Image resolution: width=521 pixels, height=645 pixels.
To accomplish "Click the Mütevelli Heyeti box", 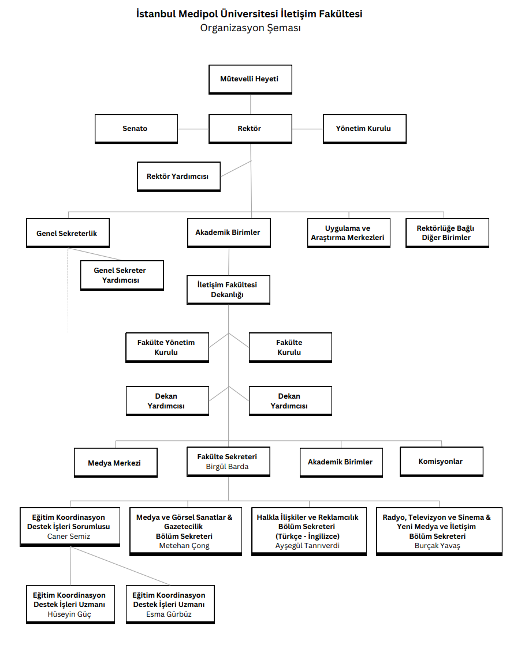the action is (251, 80).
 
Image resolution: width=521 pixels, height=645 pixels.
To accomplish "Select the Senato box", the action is (136, 129).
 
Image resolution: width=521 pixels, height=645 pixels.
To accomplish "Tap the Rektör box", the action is (251, 129).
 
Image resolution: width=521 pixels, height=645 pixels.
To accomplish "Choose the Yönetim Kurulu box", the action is (364, 129).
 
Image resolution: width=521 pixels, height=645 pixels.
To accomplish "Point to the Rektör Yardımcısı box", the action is (178, 177).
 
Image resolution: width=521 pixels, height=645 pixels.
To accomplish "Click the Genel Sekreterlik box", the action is (68, 233).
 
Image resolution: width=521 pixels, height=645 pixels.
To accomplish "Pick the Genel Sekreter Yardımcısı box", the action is (122, 275).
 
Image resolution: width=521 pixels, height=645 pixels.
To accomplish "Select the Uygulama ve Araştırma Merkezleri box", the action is (349, 233).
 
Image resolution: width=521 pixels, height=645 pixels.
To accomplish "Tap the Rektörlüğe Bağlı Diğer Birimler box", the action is (447, 233).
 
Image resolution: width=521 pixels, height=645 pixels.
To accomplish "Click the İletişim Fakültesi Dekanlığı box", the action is (229, 290).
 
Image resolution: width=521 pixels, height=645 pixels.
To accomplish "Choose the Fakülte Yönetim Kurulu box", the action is (167, 347).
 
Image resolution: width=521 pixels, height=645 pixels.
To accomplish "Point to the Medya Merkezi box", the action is (116, 463).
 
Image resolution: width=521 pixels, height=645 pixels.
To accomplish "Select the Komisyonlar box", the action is (441, 462).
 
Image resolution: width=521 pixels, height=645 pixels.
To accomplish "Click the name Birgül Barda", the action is (228, 467).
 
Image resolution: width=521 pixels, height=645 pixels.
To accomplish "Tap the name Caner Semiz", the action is (68, 537).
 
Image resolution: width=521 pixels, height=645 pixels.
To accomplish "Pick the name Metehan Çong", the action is (184, 546).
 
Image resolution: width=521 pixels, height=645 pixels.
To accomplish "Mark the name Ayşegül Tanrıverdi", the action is (308, 546).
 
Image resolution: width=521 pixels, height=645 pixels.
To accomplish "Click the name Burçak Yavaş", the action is (437, 546).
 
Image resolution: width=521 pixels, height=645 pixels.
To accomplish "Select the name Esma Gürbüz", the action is (169, 614).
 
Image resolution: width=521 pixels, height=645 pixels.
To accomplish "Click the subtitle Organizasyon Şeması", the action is (251, 28).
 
